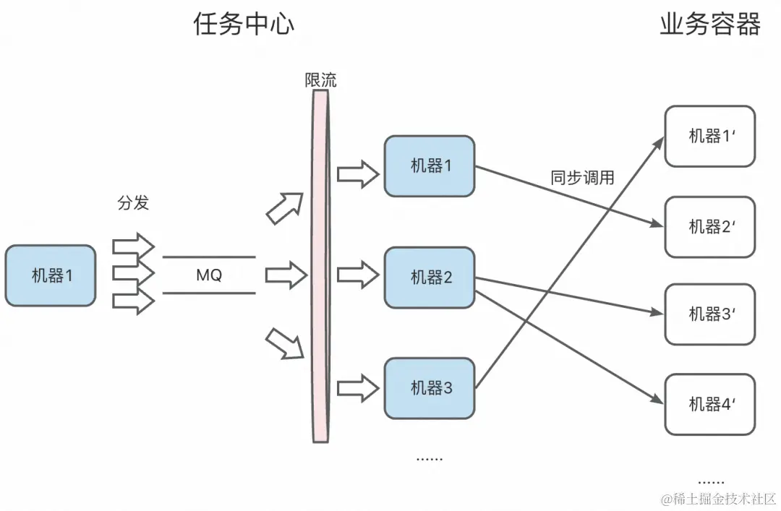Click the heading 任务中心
pyautogui.click(x=244, y=24)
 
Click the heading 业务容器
pyautogui.click(x=709, y=24)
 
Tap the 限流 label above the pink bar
pyautogui.click(x=320, y=80)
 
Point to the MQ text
pyautogui.click(x=209, y=275)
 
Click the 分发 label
pyautogui.click(x=133, y=203)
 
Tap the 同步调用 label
pyautogui.click(x=582, y=178)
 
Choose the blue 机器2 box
pyautogui.click(x=430, y=278)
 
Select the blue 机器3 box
pyautogui.click(x=430, y=388)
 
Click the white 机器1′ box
pyautogui.click(x=709, y=136)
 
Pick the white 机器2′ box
pyautogui.click(x=709, y=226)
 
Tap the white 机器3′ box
pyautogui.click(x=709, y=314)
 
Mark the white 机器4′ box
pyautogui.click(x=709, y=404)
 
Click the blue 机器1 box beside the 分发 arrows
pyautogui.click(x=50, y=275)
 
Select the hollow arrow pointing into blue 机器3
pyautogui.click(x=358, y=388)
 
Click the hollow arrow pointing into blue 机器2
pyautogui.click(x=358, y=275)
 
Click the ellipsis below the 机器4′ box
pyautogui.click(x=711, y=480)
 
